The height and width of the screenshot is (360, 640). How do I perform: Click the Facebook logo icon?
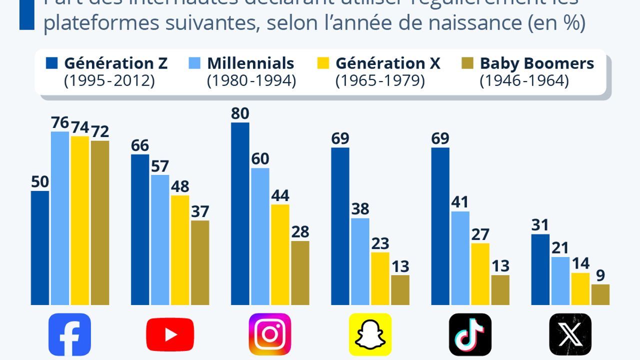click(x=69, y=334)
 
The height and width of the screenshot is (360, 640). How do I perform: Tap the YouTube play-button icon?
click(x=170, y=334)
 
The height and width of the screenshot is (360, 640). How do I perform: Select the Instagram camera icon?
click(x=270, y=334)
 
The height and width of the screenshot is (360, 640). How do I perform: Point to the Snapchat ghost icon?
click(x=370, y=334)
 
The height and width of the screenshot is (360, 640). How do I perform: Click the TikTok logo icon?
click(x=470, y=334)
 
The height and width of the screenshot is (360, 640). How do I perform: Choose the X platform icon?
click(x=570, y=334)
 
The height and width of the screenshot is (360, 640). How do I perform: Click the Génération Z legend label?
click(x=115, y=63)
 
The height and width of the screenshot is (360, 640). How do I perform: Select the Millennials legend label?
click(x=250, y=63)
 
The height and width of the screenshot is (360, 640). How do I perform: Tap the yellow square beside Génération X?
click(x=323, y=63)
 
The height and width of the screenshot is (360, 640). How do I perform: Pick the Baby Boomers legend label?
click(x=537, y=63)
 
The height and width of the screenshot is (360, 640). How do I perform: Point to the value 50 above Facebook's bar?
click(x=40, y=182)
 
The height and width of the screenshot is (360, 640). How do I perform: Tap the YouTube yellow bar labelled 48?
click(x=180, y=250)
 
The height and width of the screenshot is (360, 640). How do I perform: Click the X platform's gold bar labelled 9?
click(x=600, y=294)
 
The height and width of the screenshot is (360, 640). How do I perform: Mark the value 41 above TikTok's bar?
click(x=460, y=202)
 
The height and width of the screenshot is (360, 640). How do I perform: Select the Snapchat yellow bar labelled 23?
click(x=380, y=278)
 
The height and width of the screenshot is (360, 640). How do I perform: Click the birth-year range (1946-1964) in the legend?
click(x=524, y=80)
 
